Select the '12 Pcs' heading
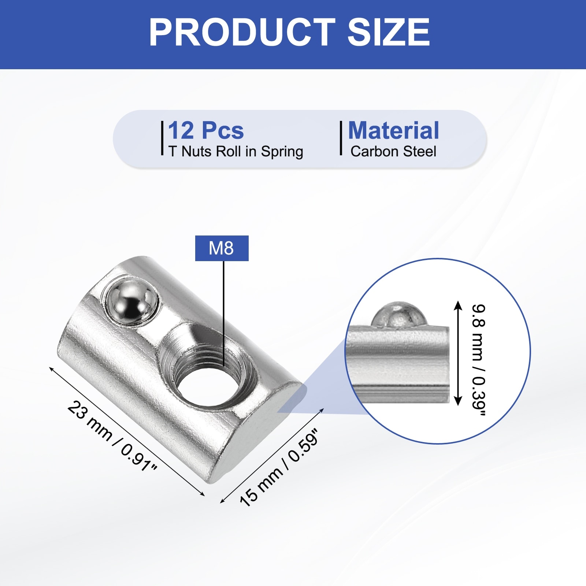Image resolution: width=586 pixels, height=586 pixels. [x=206, y=130]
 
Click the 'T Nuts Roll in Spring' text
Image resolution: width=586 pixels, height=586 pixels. [x=236, y=152]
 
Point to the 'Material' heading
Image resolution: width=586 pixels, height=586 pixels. [x=394, y=130]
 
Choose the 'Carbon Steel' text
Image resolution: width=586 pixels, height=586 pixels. [x=393, y=151]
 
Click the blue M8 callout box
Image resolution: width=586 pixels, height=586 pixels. [x=222, y=248]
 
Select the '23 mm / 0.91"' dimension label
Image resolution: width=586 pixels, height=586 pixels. [x=112, y=436]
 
